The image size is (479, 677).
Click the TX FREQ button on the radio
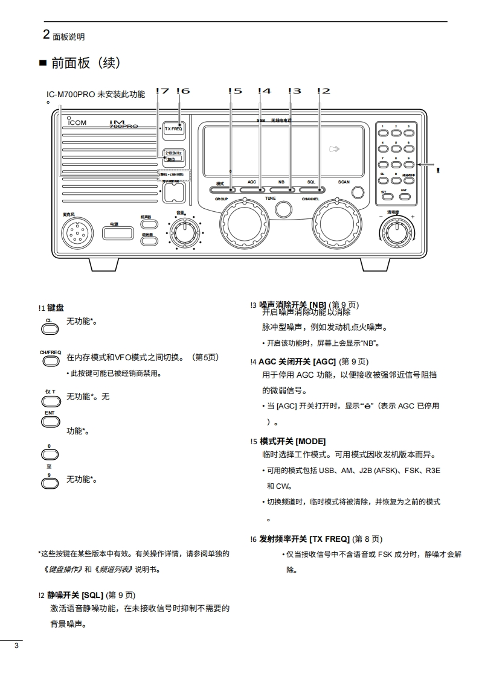(173, 129)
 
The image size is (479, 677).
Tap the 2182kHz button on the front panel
(173, 156)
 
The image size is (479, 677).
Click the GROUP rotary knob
(242, 224)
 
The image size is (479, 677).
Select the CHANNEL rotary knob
(337, 224)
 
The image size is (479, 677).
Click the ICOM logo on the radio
(77, 122)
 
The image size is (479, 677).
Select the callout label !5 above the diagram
(235, 91)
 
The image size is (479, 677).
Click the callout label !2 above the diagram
(324, 91)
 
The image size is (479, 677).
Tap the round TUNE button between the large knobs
(283, 209)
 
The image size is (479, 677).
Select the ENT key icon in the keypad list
(50, 421)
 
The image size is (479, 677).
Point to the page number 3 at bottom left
(16, 647)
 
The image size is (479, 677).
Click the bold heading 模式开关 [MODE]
(292, 441)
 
